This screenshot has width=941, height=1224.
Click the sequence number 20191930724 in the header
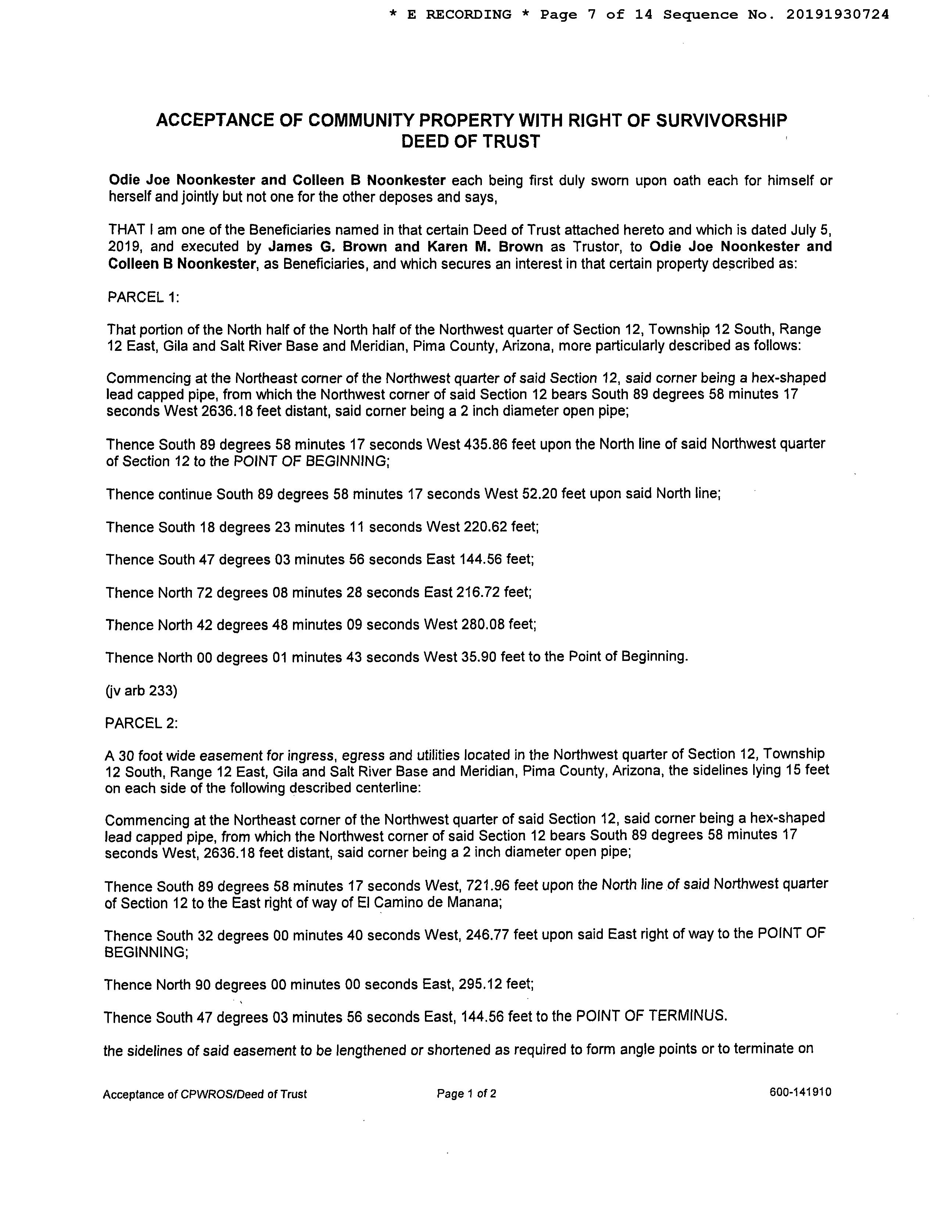click(x=837, y=15)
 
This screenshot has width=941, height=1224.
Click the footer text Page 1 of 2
click(x=466, y=1093)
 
